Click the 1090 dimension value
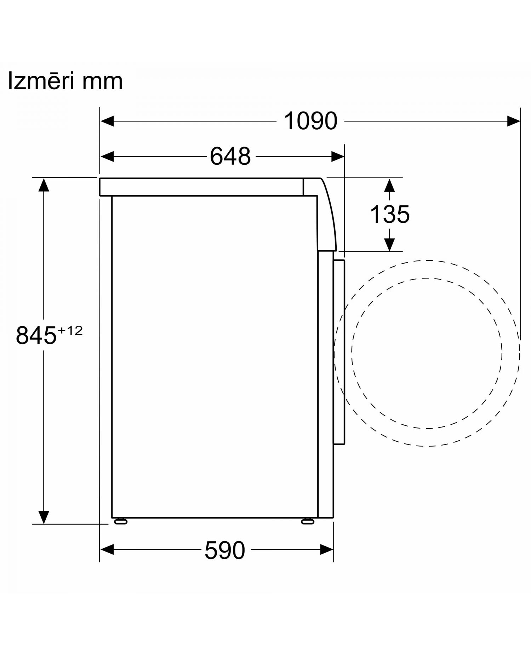(310, 121)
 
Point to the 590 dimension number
(225, 550)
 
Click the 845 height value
(36, 335)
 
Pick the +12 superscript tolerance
(70, 330)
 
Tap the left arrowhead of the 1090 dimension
(107, 121)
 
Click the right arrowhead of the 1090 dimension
(513, 121)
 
